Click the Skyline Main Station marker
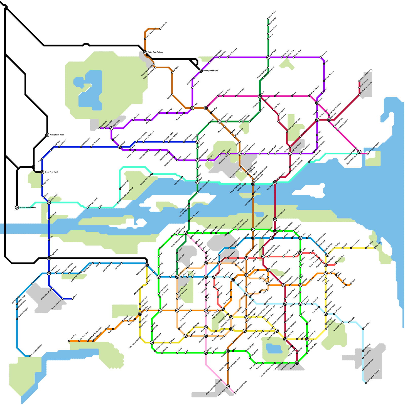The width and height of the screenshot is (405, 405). pos(17,208)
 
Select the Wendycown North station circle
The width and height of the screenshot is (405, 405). pos(201,71)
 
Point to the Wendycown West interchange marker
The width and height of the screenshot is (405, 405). pos(47,135)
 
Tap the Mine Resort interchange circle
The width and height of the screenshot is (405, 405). pos(49,202)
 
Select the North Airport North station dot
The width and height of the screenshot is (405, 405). pos(359,81)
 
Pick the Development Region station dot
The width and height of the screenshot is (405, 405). pos(366,383)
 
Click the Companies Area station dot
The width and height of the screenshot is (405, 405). pos(363,370)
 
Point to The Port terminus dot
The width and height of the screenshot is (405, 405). pos(375,248)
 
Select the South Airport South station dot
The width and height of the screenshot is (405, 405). pos(234,393)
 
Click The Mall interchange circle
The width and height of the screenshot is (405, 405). pos(297,363)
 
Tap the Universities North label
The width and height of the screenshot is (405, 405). pos(46,294)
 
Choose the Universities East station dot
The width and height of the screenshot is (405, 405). pos(63,299)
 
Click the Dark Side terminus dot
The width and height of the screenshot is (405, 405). pos(69,341)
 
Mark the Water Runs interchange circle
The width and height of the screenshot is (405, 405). pos(111,128)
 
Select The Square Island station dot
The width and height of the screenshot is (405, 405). pos(368,153)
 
